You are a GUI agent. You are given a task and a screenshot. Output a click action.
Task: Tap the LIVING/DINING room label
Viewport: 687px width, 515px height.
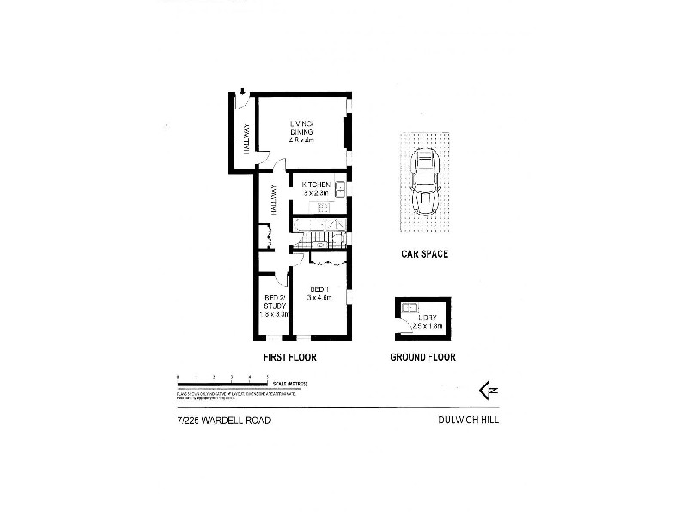[302, 128]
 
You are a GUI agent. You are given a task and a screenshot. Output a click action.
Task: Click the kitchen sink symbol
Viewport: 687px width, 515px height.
[340, 189]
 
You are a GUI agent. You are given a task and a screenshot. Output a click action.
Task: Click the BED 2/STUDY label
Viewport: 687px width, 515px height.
[275, 301]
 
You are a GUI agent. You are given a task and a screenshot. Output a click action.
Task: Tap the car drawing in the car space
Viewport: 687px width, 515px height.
[424, 182]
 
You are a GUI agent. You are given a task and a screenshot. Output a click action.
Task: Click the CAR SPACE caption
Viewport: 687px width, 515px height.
[424, 254]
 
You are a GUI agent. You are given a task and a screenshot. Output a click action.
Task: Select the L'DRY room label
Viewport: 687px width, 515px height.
[421, 318]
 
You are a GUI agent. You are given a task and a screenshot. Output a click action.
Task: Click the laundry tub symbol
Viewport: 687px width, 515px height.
[410, 309]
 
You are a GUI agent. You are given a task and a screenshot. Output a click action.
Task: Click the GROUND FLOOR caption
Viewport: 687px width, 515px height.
[423, 357]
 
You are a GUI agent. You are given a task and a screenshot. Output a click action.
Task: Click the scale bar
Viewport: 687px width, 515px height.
[224, 383]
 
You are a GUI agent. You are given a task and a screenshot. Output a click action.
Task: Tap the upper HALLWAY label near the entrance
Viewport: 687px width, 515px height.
[246, 140]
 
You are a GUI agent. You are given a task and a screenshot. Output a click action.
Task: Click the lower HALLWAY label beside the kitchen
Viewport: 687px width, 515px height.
[274, 199]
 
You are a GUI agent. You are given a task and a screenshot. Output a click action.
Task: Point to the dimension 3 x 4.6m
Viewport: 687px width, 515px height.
[320, 298]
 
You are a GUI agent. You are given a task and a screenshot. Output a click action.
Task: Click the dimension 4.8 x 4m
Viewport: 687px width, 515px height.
[302, 140]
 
